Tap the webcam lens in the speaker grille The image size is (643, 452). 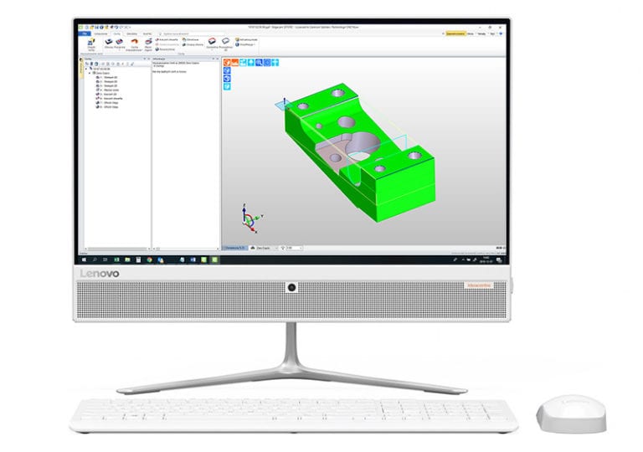click(292, 288)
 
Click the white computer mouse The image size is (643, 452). click(567, 413)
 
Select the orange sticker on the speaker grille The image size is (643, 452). click(483, 286)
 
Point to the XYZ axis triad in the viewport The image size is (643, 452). click(247, 219)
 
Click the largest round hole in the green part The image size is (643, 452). click(363, 146)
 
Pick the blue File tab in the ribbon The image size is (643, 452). click(85, 33)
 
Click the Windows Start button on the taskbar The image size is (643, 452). click(81, 259)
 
